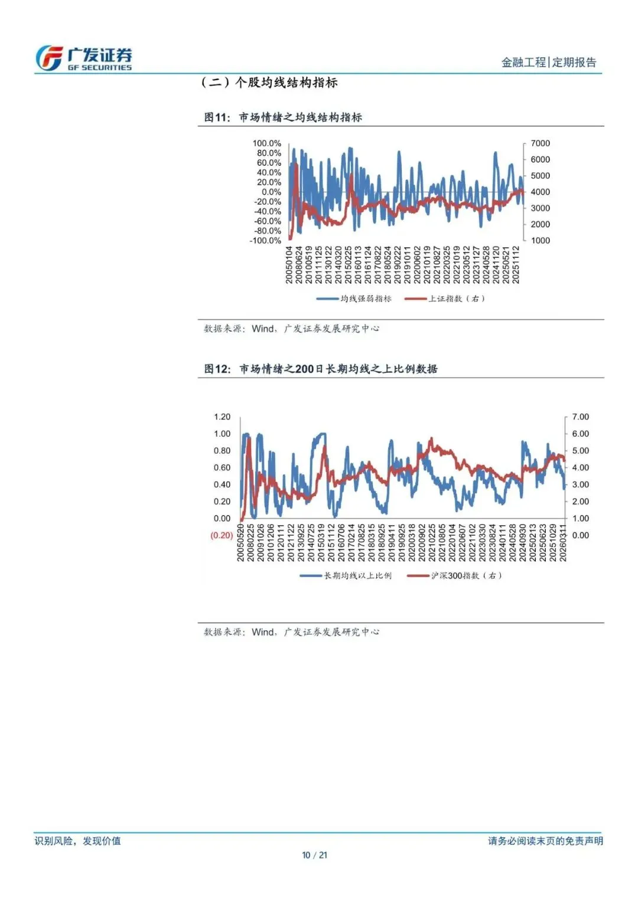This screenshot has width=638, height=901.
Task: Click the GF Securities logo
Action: pos(83,58)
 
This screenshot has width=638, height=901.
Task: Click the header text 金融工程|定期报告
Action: pos(549,62)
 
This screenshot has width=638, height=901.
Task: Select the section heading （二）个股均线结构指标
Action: pos(269,83)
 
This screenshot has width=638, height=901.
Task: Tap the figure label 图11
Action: pos(216,117)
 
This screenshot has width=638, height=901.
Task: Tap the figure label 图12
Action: pos(216,369)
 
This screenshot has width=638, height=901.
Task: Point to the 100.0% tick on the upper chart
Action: pos(267,143)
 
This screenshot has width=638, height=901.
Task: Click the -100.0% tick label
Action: pos(265,241)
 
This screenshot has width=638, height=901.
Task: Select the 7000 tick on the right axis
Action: pos(540,143)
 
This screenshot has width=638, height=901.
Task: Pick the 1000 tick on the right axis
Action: pos(540,241)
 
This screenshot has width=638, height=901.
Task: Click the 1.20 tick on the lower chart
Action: pos(222,417)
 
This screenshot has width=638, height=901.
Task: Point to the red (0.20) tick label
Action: pos(222,535)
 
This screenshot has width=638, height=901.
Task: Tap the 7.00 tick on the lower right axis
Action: pos(580,417)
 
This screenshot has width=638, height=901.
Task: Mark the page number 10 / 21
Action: pos(314,855)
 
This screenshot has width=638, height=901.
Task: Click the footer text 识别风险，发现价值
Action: pos(77,841)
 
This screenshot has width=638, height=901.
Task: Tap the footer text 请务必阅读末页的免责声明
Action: pos(545,841)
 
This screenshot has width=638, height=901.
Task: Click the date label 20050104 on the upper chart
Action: pos(289,265)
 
